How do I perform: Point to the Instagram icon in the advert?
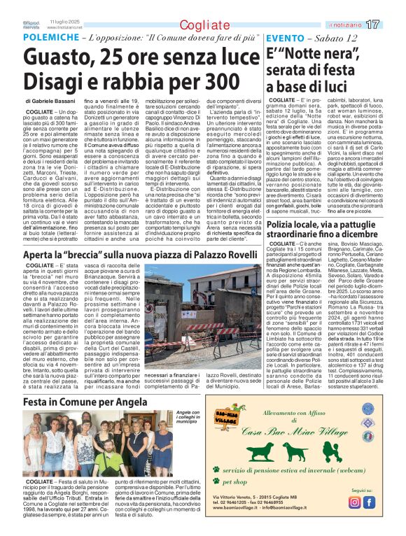pyautogui.click(x=354, y=502)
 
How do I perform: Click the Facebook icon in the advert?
pyautogui.click(x=369, y=502)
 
